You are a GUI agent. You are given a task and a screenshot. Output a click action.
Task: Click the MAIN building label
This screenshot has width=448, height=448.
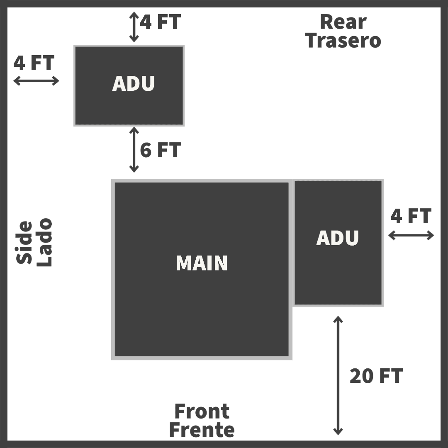[x=202, y=263]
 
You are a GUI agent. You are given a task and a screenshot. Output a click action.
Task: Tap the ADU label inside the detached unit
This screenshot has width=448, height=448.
[x=133, y=83]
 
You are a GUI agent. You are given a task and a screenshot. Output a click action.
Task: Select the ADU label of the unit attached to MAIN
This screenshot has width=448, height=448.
[x=337, y=238]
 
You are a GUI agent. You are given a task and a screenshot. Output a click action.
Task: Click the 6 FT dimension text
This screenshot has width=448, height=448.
[x=160, y=150]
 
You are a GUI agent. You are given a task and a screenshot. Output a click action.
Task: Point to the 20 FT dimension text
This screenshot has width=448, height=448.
[x=376, y=376]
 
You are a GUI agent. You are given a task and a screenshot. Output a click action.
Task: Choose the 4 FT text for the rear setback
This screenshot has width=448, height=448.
[x=160, y=22]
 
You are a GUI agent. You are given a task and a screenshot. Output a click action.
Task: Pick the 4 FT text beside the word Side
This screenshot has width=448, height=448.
[x=34, y=63]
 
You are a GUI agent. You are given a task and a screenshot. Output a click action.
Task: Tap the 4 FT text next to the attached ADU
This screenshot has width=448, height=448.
[x=411, y=216]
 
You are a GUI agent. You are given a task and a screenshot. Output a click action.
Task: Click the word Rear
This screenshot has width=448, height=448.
[x=343, y=22]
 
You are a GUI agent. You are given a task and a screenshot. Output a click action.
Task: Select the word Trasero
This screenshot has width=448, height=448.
[x=343, y=41]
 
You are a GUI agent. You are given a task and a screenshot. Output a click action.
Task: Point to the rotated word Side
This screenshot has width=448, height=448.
[x=24, y=243]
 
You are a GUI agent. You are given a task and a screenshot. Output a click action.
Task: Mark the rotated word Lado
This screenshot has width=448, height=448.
[x=44, y=243]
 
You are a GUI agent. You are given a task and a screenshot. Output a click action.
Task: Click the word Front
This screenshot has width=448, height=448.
[x=202, y=411]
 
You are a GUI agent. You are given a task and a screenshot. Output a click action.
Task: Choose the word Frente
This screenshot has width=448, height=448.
[x=202, y=430]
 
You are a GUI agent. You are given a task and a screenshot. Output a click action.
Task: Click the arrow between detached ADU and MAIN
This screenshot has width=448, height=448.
[x=134, y=150]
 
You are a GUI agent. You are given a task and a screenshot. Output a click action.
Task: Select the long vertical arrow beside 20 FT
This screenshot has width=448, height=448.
[x=338, y=375]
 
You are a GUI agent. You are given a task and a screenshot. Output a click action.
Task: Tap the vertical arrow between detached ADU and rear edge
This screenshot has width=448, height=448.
[x=134, y=27]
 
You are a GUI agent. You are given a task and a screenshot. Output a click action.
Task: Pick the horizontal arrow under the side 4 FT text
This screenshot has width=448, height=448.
[x=36, y=81]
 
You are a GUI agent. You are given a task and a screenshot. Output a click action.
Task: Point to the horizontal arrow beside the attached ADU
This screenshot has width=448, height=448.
[x=411, y=236]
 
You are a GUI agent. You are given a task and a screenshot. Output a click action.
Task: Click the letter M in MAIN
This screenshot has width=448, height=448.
[x=184, y=263]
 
